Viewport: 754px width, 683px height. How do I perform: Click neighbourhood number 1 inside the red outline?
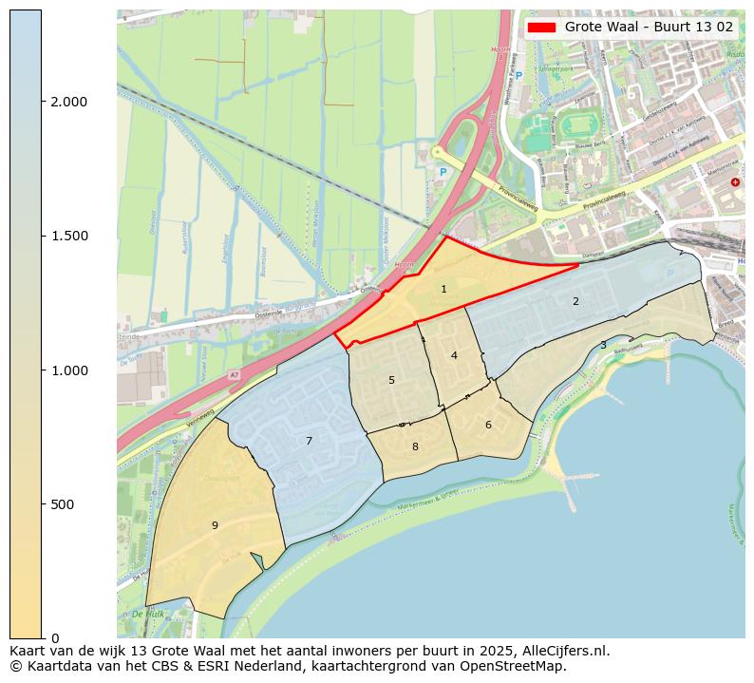443,289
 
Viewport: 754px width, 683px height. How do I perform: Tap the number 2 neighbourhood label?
575,302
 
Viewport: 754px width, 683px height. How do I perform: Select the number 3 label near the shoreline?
603,346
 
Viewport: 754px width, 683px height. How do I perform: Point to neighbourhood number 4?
454,356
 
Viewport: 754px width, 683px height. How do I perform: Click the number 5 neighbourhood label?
391,381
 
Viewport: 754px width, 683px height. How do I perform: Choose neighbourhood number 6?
488,426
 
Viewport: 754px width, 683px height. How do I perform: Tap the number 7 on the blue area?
309,442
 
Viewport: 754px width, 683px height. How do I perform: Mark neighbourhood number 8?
415,447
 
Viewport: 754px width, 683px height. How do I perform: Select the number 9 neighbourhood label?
215,525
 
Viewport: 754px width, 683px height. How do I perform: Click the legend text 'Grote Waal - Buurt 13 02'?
649,27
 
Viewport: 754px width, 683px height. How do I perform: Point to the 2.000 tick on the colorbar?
69,102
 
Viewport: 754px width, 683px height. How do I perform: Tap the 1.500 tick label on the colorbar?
69,236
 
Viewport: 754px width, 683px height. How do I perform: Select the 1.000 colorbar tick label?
69,370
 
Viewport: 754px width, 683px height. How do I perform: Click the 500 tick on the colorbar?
64,504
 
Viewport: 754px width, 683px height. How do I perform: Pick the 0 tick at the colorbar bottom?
55,638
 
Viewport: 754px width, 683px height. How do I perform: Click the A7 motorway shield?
234,375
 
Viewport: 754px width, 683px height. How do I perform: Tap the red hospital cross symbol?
735,181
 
